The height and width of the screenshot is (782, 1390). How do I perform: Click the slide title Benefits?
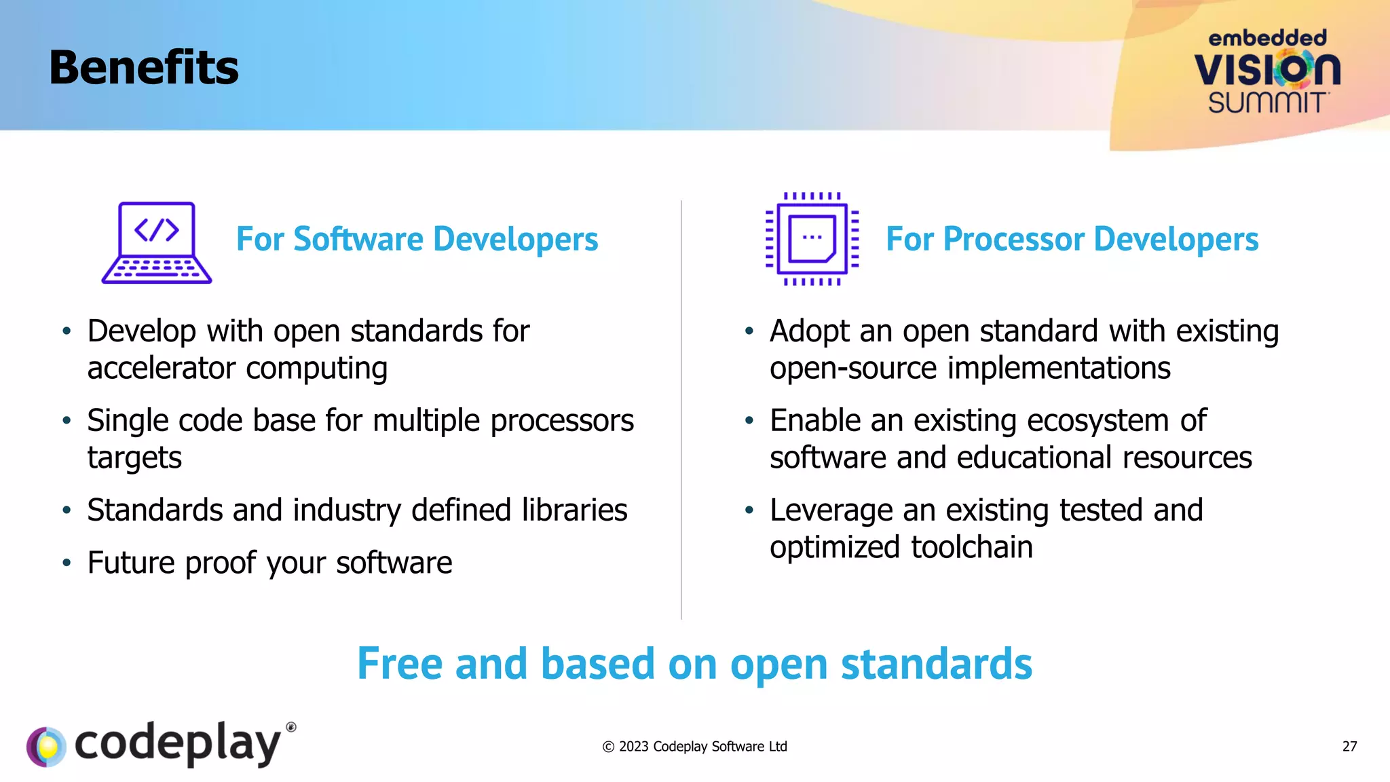point(143,68)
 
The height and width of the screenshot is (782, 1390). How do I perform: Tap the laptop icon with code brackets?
point(157,242)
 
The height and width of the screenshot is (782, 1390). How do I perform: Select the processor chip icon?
point(812,238)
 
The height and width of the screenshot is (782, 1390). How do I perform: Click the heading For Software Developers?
point(417,239)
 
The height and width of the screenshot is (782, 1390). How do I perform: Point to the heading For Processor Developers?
point(1072,239)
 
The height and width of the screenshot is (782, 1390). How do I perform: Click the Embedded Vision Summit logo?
point(1267,71)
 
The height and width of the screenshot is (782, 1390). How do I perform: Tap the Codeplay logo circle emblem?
point(46,747)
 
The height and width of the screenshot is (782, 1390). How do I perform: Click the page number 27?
point(1349,747)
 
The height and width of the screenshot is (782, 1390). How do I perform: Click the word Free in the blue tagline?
point(398,664)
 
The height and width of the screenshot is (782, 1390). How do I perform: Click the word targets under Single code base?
point(134,458)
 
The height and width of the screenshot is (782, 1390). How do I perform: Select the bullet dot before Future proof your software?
point(67,563)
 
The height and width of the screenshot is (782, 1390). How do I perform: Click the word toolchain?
point(971,548)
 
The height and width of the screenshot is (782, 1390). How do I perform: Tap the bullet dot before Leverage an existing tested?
point(749,510)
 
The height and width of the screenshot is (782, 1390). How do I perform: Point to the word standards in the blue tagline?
point(936,664)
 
